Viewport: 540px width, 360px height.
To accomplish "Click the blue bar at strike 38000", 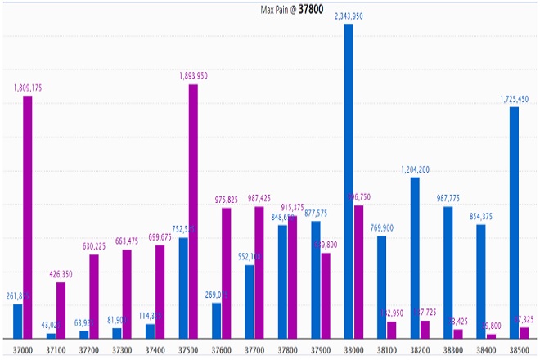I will pos(349,180).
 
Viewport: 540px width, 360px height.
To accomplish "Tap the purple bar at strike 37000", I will pos(28,217).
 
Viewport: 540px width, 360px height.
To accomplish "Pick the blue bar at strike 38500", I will pos(514,223).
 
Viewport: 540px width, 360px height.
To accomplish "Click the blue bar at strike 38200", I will pos(415,258).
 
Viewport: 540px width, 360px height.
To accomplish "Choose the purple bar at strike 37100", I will pos(61,310).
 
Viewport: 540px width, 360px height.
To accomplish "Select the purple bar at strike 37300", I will pos(127,294).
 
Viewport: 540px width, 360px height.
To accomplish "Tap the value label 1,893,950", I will pos(194,76).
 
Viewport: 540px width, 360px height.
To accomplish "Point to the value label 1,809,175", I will pos(29,88).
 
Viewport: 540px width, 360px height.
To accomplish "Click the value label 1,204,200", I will pos(416,169).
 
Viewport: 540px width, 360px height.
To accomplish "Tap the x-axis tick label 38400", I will pos(485,349).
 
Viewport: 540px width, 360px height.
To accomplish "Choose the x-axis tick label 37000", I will pos(22,349).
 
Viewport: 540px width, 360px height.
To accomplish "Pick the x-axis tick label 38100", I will pos(386,349).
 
